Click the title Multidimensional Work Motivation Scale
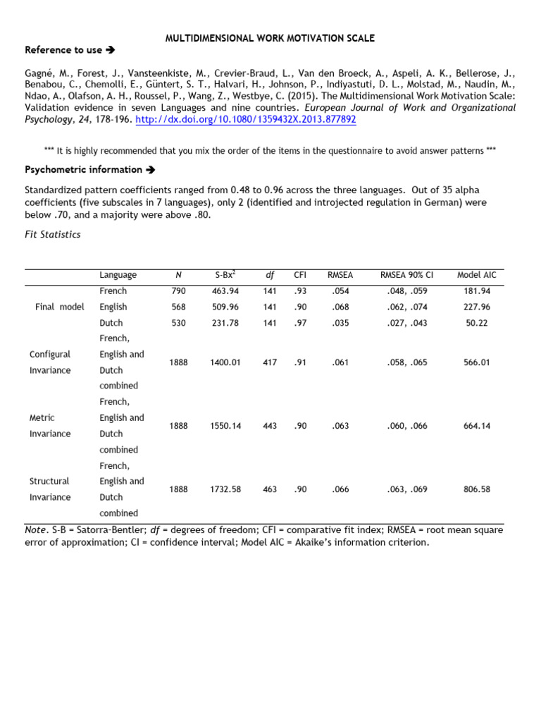[270, 38]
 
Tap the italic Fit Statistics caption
[52, 234]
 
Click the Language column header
[118, 275]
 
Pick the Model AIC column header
[477, 275]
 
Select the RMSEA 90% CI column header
[406, 275]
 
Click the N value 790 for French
[178, 291]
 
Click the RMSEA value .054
[340, 291]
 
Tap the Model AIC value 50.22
[477, 323]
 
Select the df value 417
[269, 362]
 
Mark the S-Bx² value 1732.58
[225, 489]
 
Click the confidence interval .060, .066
[406, 426]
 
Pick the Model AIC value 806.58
[477, 489]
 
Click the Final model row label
[60, 307]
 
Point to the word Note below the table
[36, 530]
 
